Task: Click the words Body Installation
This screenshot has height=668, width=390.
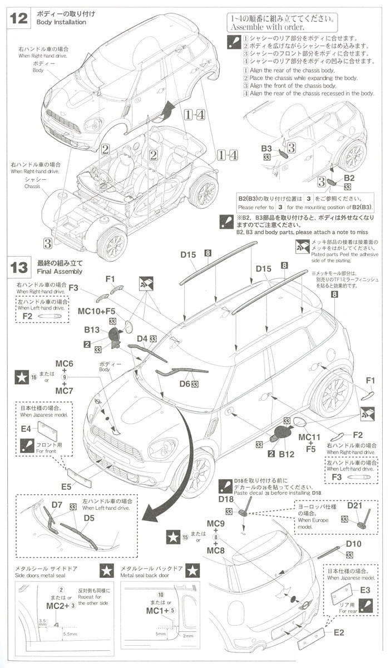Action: coord(61,22)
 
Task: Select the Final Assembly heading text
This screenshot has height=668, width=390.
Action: coord(60,271)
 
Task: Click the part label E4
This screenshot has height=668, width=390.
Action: coord(26,429)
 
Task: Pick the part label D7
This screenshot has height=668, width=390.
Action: coord(57,505)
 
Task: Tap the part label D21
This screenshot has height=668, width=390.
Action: coord(355,505)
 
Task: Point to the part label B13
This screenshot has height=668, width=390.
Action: coord(92,330)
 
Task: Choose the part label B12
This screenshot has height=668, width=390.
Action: coord(287,454)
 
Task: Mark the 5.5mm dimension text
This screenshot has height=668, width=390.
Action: coord(70,633)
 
